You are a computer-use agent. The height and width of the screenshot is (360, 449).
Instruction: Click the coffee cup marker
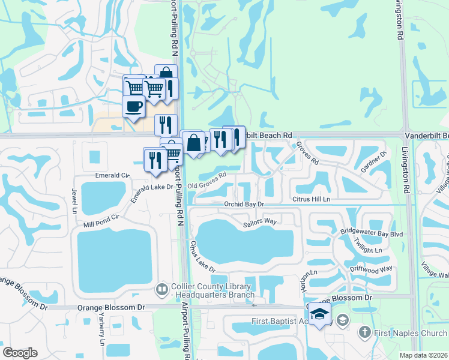click(x=133, y=107)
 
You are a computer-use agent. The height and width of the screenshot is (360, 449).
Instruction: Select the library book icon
click(x=161, y=289)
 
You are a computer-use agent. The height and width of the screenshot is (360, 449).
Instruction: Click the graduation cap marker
click(x=319, y=314)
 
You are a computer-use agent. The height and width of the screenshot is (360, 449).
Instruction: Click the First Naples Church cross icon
click(x=364, y=332)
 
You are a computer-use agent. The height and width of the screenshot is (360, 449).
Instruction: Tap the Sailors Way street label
click(x=259, y=222)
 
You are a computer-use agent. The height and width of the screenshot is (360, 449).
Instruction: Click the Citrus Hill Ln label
click(x=312, y=199)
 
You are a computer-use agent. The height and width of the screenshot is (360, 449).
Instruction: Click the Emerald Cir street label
click(x=113, y=175)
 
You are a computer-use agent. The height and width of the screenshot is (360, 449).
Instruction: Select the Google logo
click(x=20, y=352)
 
